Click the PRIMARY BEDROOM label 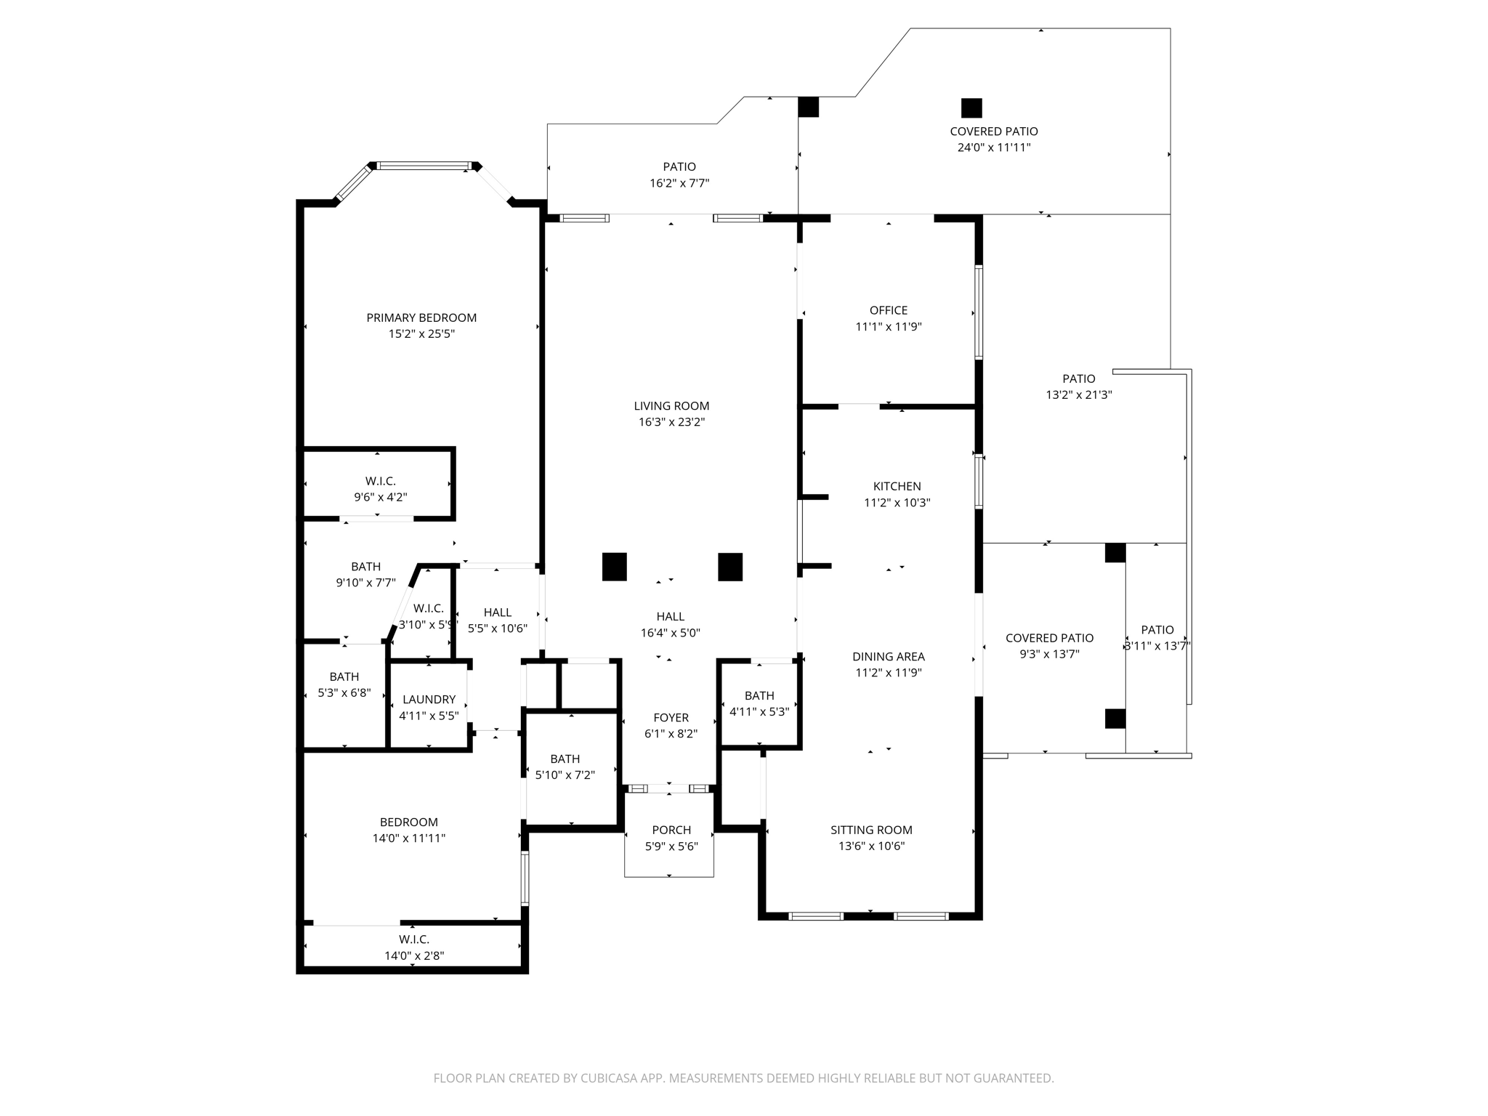pyautogui.click(x=421, y=318)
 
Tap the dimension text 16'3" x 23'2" pyautogui.click(x=671, y=422)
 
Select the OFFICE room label pyautogui.click(x=889, y=310)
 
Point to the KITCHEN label pyautogui.click(x=897, y=486)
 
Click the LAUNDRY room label pyautogui.click(x=429, y=699)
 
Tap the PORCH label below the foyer pyautogui.click(x=671, y=830)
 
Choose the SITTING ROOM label pyautogui.click(x=871, y=830)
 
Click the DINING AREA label pyautogui.click(x=888, y=656)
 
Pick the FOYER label pyautogui.click(x=671, y=717)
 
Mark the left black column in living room pyautogui.click(x=614, y=567)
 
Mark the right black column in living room pyautogui.click(x=730, y=567)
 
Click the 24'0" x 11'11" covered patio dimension pyautogui.click(x=993, y=147)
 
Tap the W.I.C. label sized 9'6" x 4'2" pyautogui.click(x=380, y=481)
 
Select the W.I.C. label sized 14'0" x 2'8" pyautogui.click(x=413, y=939)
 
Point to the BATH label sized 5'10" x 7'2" pyautogui.click(x=565, y=759)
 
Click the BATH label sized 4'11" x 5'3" pyautogui.click(x=759, y=695)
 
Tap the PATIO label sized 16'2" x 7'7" pyautogui.click(x=679, y=167)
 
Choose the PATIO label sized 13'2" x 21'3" pyautogui.click(x=1078, y=379)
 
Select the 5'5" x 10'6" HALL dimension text pyautogui.click(x=498, y=628)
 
